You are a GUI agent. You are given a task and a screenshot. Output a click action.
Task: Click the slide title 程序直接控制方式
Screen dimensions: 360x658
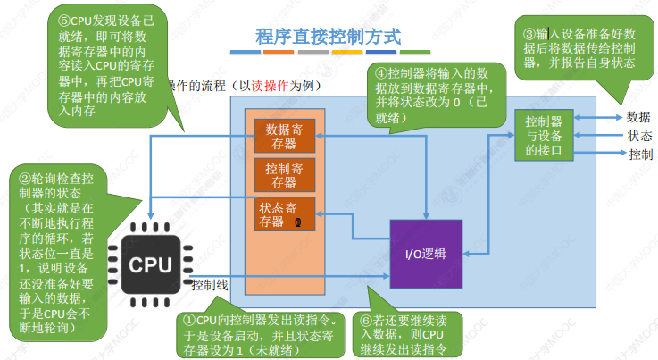click(x=328, y=37)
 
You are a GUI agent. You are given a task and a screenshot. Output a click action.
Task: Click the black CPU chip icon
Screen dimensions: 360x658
click(x=150, y=264)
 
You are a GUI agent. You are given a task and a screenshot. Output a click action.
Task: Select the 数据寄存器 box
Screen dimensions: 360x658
click(x=285, y=137)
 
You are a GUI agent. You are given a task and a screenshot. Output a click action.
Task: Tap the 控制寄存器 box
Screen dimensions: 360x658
click(x=285, y=175)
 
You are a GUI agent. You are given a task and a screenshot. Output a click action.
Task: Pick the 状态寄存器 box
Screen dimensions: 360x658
click(x=285, y=215)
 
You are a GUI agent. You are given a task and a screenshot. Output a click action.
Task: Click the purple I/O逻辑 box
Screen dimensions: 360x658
click(x=426, y=254)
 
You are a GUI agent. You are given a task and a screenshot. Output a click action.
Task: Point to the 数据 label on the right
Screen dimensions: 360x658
click(x=638, y=116)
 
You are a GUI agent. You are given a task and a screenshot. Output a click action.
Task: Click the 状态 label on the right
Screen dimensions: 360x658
click(x=638, y=136)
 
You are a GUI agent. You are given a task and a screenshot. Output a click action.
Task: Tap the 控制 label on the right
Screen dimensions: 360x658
click(x=638, y=155)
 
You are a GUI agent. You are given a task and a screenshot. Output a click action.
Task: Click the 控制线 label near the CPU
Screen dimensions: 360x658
click(x=211, y=285)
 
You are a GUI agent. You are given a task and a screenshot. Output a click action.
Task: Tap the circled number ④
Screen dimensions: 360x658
click(x=381, y=73)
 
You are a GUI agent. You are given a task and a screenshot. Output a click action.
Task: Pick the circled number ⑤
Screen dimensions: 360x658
click(x=63, y=19)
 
